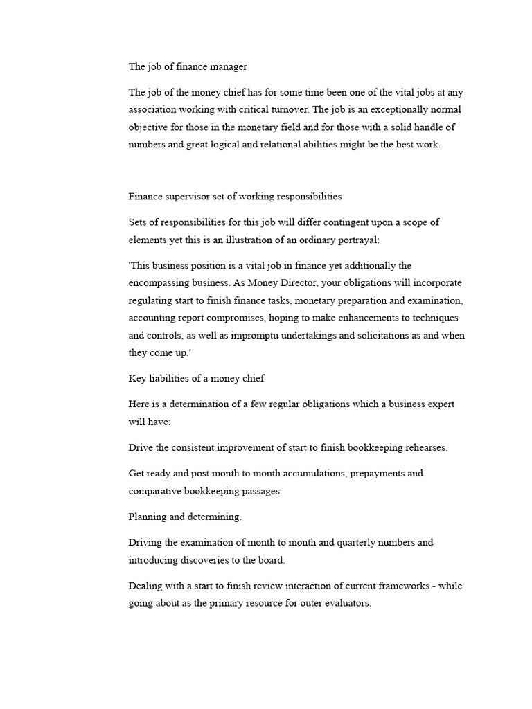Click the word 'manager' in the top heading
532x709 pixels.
point(227,67)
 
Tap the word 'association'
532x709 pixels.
point(152,110)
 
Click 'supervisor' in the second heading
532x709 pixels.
point(187,196)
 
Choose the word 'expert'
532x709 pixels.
point(438,404)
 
